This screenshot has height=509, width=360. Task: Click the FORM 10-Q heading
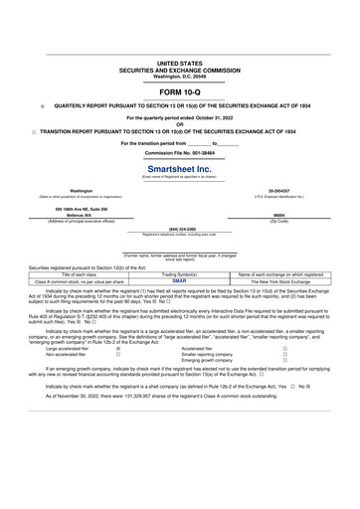(179, 91)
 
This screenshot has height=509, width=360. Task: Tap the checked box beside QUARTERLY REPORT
(42, 104)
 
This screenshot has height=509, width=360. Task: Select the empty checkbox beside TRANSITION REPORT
(33, 130)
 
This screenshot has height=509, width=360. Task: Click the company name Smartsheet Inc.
(179, 169)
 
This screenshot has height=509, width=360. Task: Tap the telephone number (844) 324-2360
(180, 230)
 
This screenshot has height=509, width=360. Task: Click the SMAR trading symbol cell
(180, 281)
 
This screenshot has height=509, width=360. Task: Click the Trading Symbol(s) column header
(180, 273)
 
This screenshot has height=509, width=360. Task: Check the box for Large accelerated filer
(118, 349)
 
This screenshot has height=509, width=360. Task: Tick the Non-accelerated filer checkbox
(118, 355)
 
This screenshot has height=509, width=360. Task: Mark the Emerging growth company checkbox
(284, 361)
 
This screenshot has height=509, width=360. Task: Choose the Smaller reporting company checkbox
(284, 355)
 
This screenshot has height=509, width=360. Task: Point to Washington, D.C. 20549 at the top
(179, 77)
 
